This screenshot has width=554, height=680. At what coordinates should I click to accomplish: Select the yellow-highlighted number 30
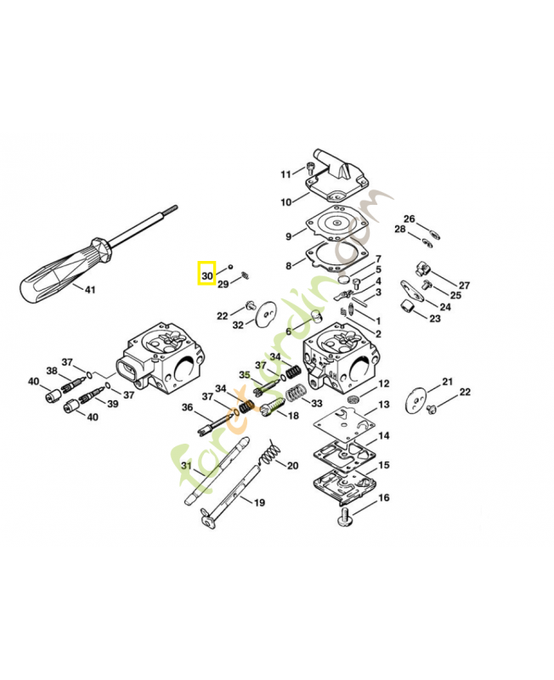(x=207, y=275)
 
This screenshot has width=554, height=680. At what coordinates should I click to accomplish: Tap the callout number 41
(x=90, y=290)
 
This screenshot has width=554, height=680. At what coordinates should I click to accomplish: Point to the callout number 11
(x=286, y=175)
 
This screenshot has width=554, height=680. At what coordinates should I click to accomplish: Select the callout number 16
(x=383, y=497)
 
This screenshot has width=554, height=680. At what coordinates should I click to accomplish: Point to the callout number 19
(x=258, y=502)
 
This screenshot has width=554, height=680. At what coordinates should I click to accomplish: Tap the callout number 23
(x=434, y=319)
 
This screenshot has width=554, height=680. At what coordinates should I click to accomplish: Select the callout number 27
(x=464, y=285)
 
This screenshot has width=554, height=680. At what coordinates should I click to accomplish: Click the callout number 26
(x=409, y=219)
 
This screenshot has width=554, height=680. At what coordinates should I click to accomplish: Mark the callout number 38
(x=52, y=371)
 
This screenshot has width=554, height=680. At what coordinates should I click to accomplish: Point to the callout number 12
(x=384, y=384)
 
